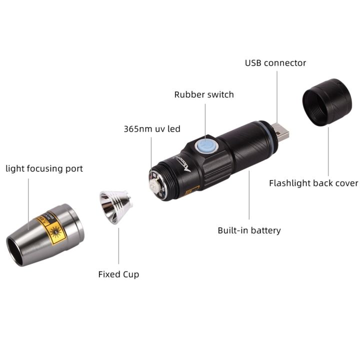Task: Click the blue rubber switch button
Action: (204, 146)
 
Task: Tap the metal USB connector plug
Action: (283, 133)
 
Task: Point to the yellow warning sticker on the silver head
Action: (53, 229)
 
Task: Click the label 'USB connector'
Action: (275, 63)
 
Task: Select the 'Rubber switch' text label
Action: (203, 94)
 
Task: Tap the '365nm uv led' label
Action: (152, 128)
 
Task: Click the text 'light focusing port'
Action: (44, 168)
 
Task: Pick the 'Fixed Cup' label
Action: (118, 274)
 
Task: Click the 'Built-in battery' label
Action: (249, 230)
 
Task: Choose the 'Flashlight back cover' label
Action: (313, 183)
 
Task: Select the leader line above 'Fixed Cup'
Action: (118, 245)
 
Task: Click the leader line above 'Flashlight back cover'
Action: (328, 150)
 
